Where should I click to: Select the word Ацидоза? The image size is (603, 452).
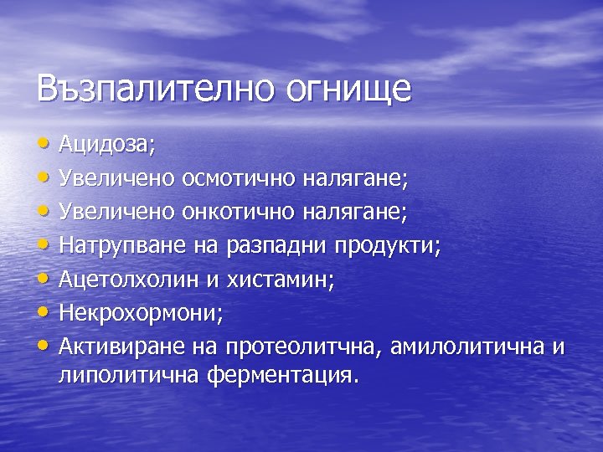[x=106, y=145]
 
